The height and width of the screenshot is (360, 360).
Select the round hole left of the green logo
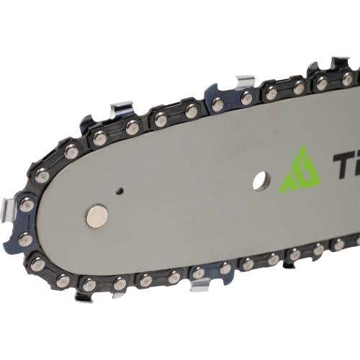tap(260, 181)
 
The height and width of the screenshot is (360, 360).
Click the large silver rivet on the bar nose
tap(96, 215)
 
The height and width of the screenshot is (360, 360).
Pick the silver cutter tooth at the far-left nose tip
tap(12, 212)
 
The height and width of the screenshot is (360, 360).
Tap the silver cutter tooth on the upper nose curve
tap(121, 111)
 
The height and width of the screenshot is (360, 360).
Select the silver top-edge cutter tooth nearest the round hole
tap(244, 81)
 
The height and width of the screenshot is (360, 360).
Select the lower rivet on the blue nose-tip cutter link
tap(26, 240)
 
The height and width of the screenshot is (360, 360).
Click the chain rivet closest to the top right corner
tap(348, 78)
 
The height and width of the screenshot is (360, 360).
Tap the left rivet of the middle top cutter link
tap(217, 104)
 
